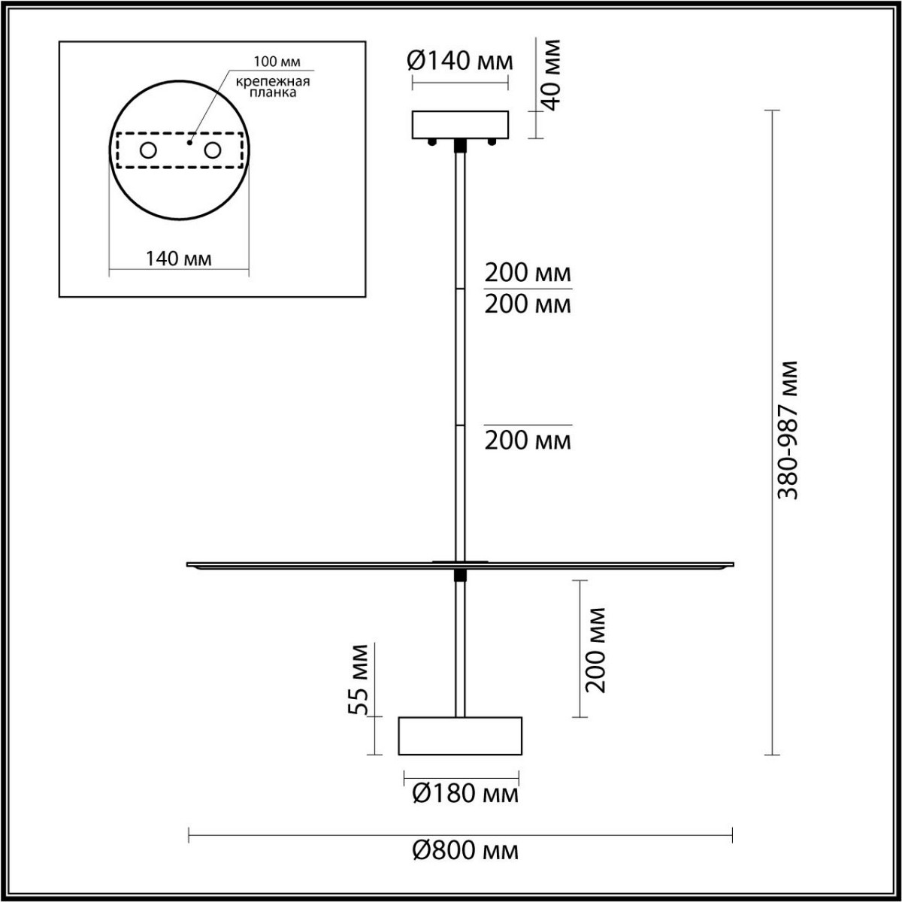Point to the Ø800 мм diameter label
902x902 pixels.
pos(465,851)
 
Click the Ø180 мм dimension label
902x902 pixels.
pos(465,793)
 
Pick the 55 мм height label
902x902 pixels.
pos(362,679)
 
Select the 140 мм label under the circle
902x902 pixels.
pos(178,259)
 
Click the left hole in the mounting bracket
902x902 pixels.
pos(148,150)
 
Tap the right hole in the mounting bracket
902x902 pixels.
pos(213,150)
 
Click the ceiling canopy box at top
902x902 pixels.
pos(460,125)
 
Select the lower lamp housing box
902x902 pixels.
pos(460,735)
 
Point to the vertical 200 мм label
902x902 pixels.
pos(595,648)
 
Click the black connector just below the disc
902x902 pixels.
pos(460,576)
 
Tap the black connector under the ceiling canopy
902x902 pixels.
pos(460,145)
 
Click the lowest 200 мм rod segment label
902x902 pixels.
pos(528,440)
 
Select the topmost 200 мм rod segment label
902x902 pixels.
pos(528,271)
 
